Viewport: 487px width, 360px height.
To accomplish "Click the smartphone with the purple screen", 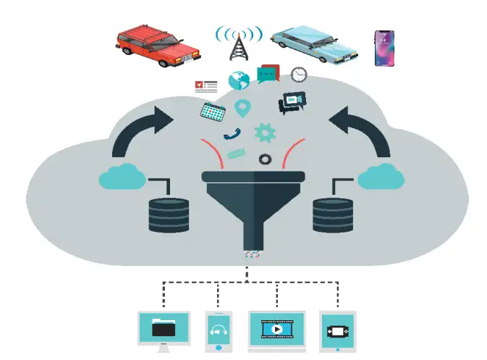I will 384,48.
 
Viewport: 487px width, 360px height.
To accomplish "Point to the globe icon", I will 239,80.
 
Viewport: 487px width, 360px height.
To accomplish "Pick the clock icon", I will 299,74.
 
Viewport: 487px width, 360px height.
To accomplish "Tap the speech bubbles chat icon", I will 268,74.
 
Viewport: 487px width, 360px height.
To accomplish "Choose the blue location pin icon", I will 242,109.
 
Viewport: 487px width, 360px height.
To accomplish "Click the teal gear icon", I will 266,133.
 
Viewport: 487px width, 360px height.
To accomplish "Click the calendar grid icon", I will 212,112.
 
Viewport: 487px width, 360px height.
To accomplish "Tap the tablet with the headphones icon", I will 218,331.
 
